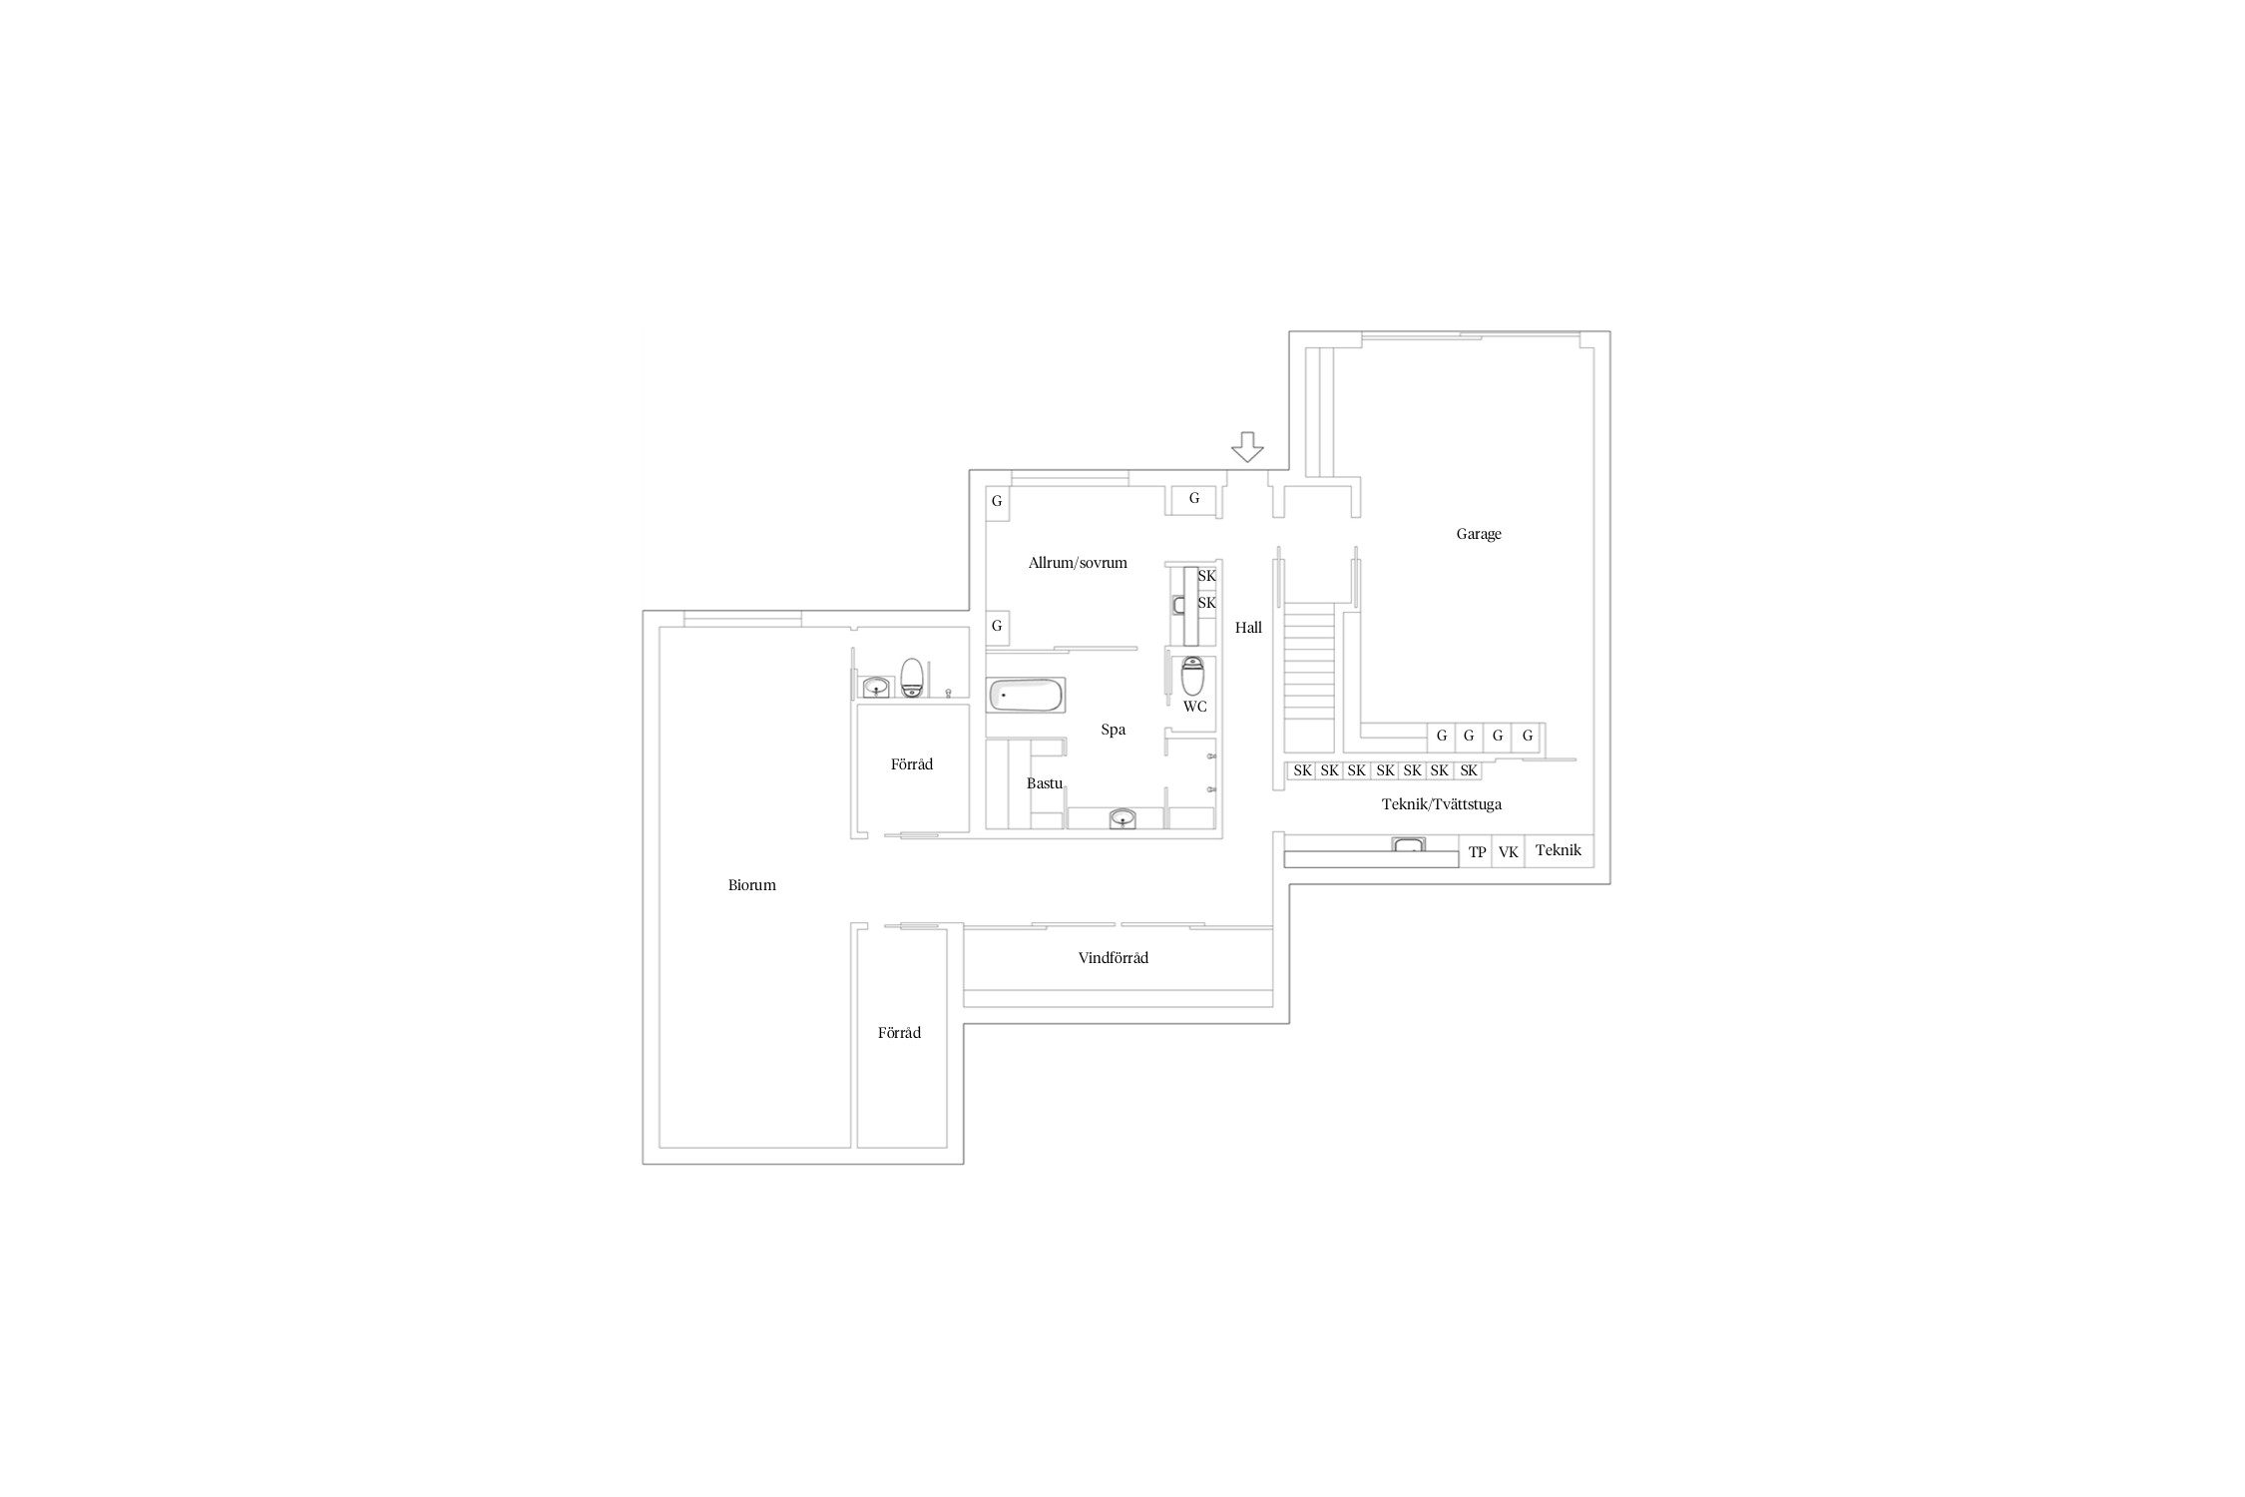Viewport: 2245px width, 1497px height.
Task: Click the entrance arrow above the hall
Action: point(1247,447)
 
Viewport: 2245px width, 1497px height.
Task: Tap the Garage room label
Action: point(1479,534)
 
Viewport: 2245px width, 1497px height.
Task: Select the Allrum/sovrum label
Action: point(1078,563)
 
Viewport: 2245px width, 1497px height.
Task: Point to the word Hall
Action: point(1248,628)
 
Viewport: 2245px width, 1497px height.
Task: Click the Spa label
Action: point(1114,730)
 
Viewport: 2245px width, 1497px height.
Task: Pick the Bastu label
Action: point(1045,783)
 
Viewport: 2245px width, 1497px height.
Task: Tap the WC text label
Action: point(1194,707)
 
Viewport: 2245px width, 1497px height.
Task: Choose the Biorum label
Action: point(752,885)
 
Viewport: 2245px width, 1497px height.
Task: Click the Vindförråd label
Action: point(1114,958)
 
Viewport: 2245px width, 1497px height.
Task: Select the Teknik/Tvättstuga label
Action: point(1442,804)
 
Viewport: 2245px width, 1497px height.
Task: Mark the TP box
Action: point(1476,851)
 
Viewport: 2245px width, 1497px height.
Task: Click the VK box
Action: point(1509,851)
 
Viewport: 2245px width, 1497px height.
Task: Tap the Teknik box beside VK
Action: point(1560,851)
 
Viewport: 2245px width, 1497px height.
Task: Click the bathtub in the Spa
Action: point(1027,695)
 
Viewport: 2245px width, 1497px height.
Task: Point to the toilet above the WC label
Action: point(1192,676)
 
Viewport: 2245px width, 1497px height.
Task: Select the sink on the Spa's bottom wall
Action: point(1123,819)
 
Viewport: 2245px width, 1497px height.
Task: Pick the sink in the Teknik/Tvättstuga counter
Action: point(1409,846)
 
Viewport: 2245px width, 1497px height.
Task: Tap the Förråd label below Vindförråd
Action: point(899,1033)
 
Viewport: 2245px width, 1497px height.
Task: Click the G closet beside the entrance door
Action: point(1194,498)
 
